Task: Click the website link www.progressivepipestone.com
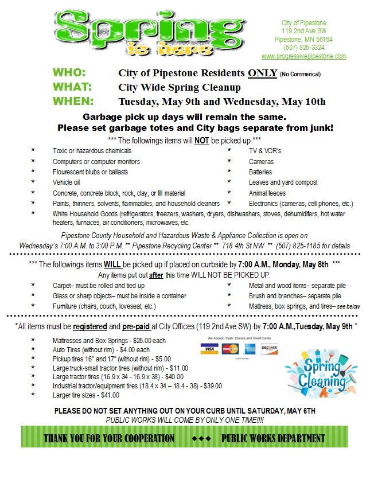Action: pos(303,56)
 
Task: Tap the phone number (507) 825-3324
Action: pos(303,48)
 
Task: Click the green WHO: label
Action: pos(69,73)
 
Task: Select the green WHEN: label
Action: pos(73,102)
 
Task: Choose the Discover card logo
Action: pos(269,349)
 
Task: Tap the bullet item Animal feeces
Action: pos(267,193)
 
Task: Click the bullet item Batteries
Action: pos(260,172)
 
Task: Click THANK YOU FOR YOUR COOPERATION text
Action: pos(109,438)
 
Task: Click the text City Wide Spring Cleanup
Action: pos(180,88)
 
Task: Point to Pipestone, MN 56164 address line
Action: pos(303,39)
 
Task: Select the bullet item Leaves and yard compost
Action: pos(283,182)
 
